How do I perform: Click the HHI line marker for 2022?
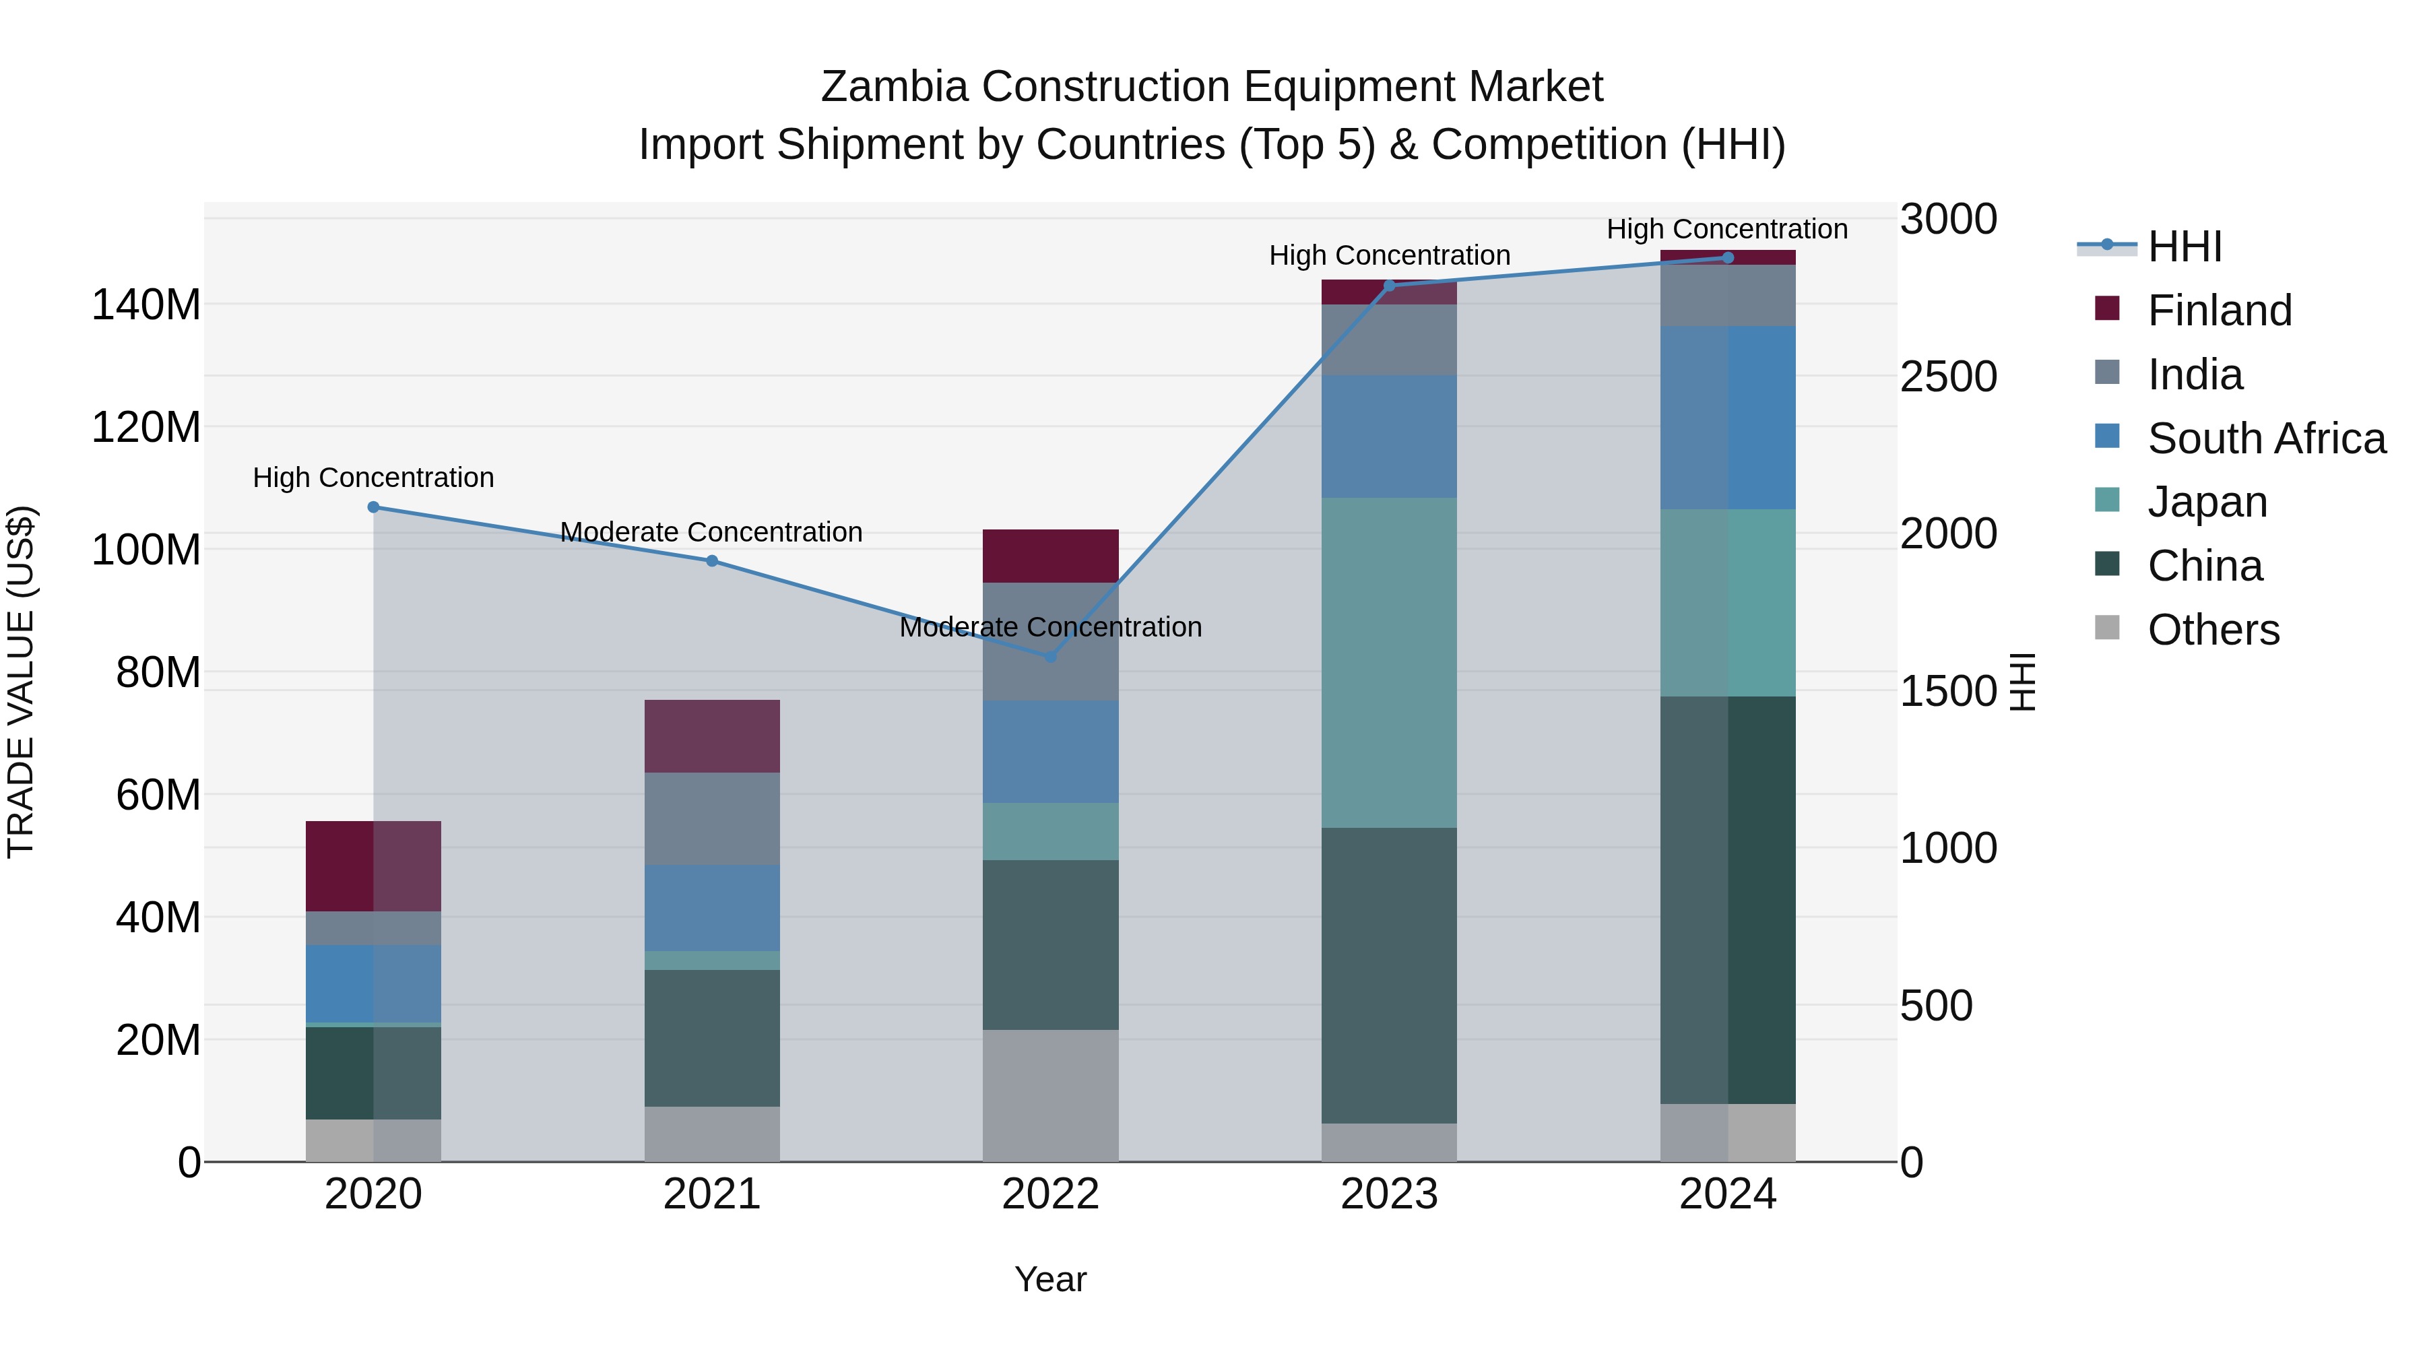coord(1051,656)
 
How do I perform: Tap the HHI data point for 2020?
coord(373,507)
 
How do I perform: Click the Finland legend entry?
coord(2219,310)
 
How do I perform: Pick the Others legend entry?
coord(2212,629)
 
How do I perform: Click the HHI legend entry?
coord(2184,246)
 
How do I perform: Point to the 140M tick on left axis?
coord(146,305)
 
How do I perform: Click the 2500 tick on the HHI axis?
coord(1947,377)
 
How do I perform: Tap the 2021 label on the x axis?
coord(712,1194)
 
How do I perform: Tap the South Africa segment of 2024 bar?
coord(1727,417)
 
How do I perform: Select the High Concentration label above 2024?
coord(1726,229)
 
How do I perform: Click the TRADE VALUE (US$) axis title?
coord(21,682)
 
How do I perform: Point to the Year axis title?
coord(1051,1279)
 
